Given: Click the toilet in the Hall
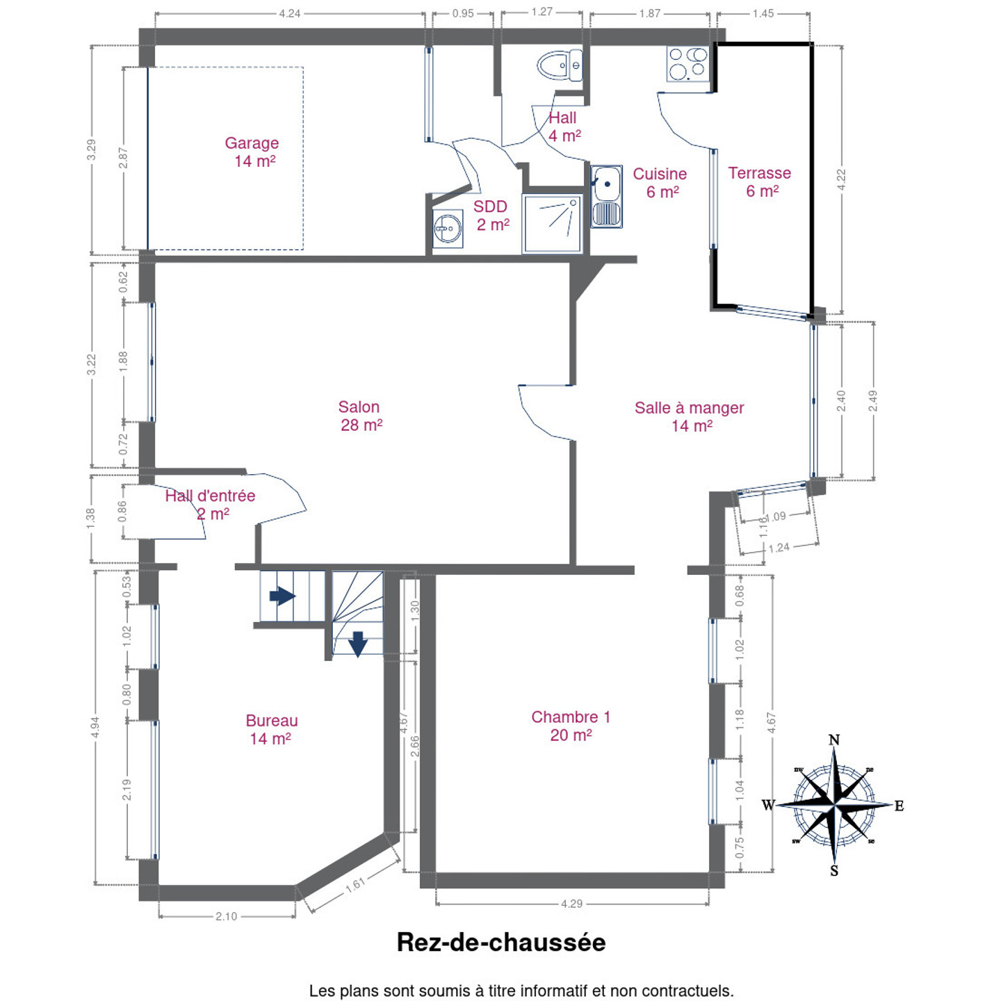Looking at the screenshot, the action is click(x=560, y=65).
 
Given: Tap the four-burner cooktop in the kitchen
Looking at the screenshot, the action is click(x=688, y=63).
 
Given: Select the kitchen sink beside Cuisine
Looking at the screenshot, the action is click(x=606, y=197).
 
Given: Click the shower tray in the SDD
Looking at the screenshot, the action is click(x=552, y=224).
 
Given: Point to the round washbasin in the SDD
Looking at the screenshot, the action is click(x=447, y=229).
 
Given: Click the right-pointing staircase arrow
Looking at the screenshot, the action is click(x=283, y=596).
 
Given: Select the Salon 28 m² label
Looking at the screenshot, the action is click(x=359, y=416).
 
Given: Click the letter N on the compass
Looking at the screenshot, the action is click(x=834, y=740).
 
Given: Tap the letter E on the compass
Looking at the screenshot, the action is click(x=900, y=806).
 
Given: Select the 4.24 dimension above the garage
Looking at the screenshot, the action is click(x=290, y=13).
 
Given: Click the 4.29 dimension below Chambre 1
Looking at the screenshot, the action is click(x=571, y=904).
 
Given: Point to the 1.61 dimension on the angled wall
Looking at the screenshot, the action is click(x=356, y=885).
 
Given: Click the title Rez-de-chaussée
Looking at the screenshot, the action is click(x=501, y=943).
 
